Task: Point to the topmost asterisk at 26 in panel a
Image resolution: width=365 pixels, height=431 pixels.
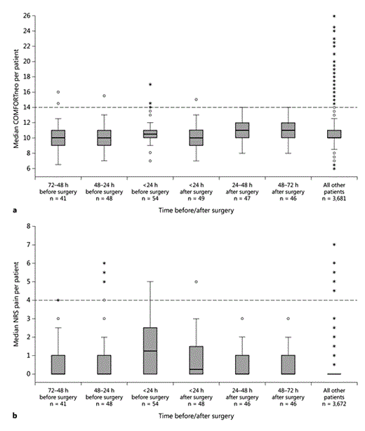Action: tap(334, 15)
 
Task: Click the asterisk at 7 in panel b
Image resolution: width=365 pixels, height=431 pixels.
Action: tap(334, 244)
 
